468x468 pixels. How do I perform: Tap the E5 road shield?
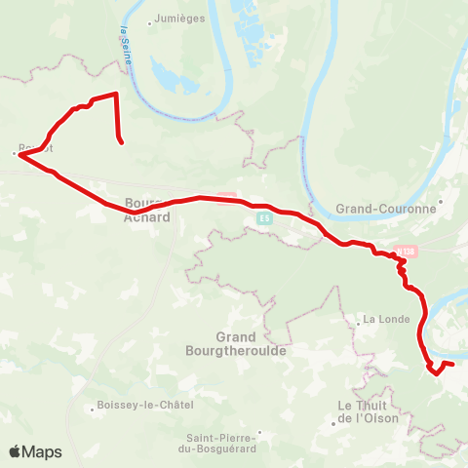pos(264,218)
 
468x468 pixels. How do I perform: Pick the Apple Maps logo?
pos(35,451)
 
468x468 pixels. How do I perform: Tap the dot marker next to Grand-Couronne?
pos(441,203)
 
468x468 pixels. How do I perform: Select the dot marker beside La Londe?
pos(358,319)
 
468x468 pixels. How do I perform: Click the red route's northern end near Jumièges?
pos(121,143)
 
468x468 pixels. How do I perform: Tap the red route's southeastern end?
pos(452,365)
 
